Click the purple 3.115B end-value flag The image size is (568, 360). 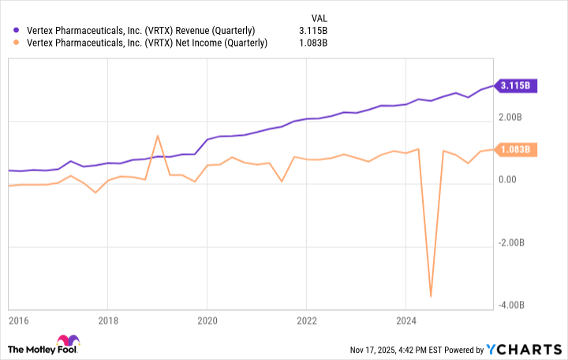click(518, 85)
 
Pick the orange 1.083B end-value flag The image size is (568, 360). click(518, 149)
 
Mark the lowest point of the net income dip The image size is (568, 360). click(431, 296)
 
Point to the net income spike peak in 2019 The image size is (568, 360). click(158, 136)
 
